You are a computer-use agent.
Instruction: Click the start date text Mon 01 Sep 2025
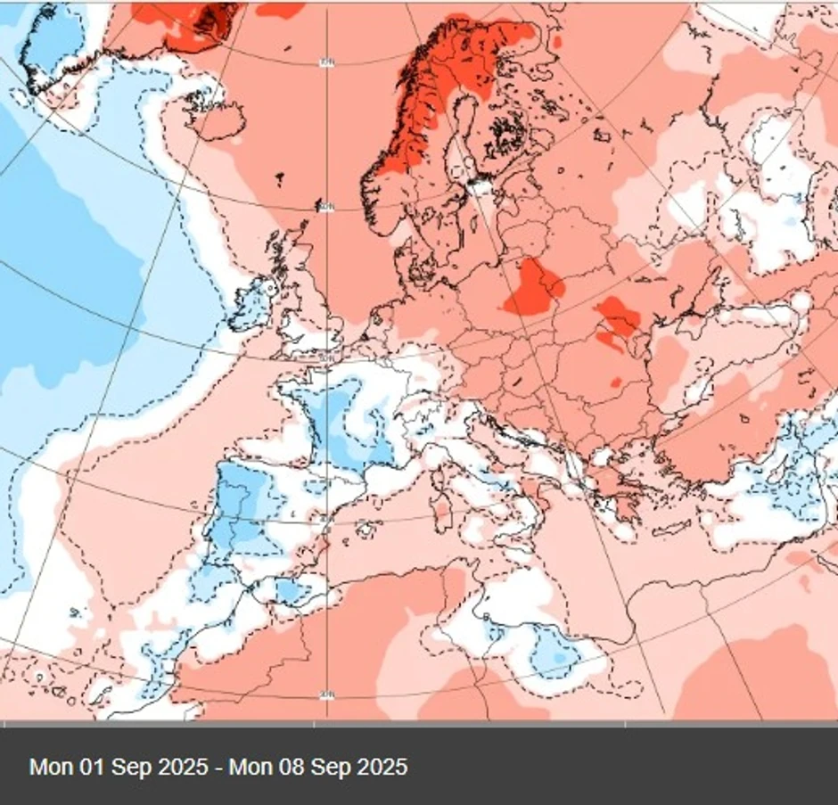(118, 767)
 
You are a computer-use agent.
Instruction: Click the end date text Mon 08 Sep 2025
(318, 767)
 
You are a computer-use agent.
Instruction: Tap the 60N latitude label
(325, 208)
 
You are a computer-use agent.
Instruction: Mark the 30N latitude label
(326, 694)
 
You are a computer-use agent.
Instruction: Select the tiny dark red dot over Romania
(614, 383)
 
